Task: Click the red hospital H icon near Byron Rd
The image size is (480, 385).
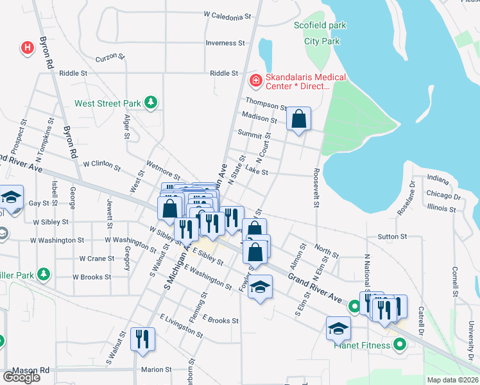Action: pos(27,47)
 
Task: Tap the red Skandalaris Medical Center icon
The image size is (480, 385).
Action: pos(255,80)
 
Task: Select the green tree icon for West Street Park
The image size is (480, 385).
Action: pos(150,102)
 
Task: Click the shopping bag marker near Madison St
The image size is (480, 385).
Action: pos(298,119)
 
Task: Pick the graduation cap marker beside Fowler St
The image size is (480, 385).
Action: pos(260,287)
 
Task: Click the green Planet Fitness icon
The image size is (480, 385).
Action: pos(400,345)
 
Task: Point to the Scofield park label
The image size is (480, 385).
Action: pos(320,26)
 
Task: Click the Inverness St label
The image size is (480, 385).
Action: pos(225,43)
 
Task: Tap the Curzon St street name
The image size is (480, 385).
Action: pos(110,58)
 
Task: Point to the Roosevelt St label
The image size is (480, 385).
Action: pos(316,188)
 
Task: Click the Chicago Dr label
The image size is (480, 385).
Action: pos(443,193)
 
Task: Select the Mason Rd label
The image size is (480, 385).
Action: pos(31,370)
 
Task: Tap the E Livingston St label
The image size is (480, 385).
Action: pos(182,326)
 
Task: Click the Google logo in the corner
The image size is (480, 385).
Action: pos(21,377)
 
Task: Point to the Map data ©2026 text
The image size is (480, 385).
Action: pos(452,380)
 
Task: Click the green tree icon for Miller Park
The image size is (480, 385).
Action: pos(44,275)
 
